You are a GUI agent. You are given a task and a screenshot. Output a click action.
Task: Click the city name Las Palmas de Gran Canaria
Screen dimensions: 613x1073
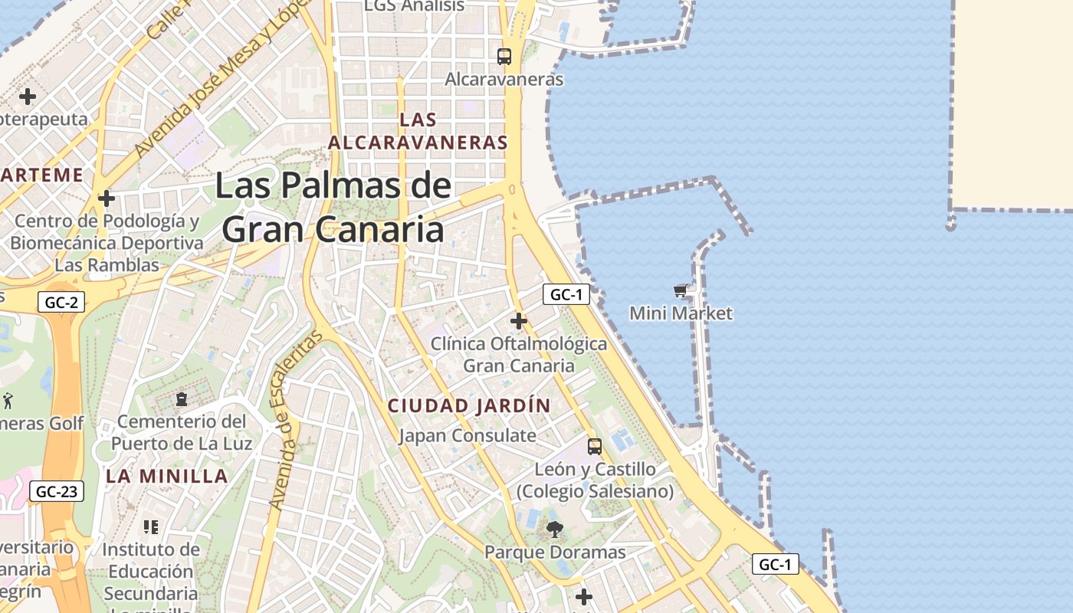(333, 207)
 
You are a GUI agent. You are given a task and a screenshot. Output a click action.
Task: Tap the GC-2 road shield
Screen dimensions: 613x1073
(61, 302)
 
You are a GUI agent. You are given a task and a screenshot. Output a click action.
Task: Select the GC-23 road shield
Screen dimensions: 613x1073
(57, 491)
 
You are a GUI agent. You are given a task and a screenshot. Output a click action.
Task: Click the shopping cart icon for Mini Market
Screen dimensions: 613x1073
(680, 290)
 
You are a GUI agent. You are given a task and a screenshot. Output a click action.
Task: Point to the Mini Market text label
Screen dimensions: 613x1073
(681, 313)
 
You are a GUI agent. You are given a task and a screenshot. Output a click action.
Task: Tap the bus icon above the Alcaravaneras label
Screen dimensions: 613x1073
(504, 56)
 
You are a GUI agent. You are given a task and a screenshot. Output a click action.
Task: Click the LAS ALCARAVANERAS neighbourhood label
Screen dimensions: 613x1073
(418, 131)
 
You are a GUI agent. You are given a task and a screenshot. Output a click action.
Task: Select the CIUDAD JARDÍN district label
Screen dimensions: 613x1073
(469, 406)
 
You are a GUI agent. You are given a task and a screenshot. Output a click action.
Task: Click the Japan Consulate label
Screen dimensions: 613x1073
(468, 436)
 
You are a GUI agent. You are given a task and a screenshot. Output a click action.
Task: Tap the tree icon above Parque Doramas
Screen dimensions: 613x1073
(554, 529)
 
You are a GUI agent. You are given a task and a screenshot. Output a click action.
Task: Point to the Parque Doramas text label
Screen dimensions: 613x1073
(555, 552)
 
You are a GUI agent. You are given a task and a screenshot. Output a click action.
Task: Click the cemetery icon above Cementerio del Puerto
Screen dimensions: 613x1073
(182, 399)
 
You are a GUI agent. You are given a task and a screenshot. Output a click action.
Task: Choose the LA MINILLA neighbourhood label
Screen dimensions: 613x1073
(167, 476)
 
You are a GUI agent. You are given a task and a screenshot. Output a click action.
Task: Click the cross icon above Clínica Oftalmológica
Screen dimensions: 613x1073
(519, 320)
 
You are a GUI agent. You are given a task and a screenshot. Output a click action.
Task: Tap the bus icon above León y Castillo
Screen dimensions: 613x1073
(595, 446)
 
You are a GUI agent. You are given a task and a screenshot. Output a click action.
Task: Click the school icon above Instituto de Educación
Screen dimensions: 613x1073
(151, 526)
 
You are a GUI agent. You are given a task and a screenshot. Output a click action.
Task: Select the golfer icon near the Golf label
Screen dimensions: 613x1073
(8, 400)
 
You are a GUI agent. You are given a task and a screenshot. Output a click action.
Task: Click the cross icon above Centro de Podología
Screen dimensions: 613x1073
(107, 199)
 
